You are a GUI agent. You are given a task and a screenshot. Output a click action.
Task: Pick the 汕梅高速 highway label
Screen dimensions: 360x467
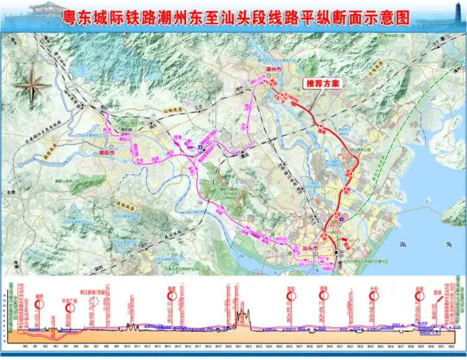(x=174, y=110)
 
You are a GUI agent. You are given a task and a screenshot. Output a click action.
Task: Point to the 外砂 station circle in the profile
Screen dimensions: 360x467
(x=373, y=296)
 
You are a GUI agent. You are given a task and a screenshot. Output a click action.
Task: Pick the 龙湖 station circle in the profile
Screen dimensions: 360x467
(x=420, y=296)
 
